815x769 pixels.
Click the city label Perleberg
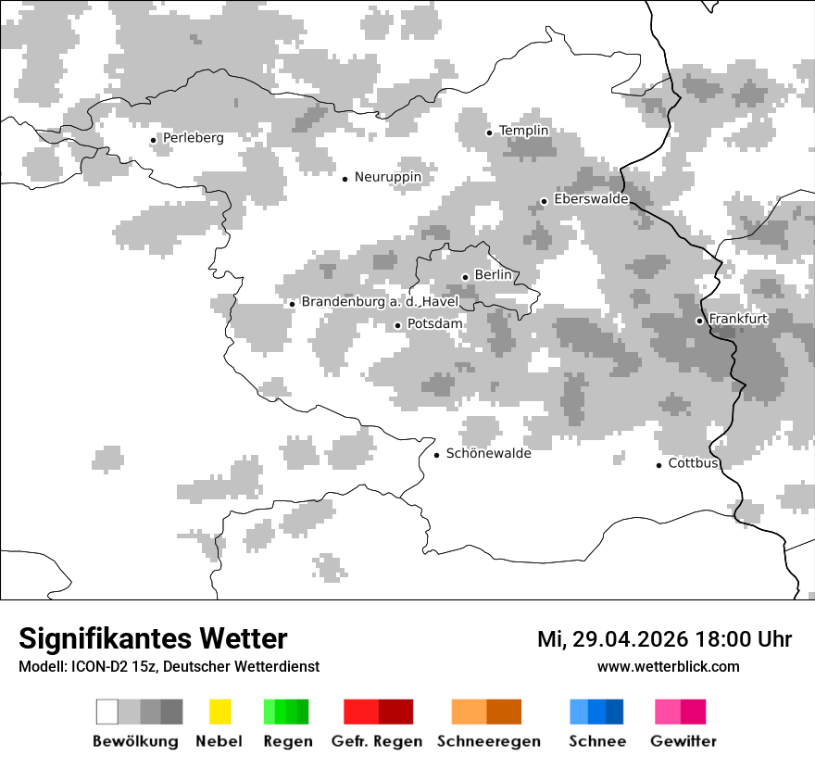pos(193,138)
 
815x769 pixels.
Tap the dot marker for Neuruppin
pos(345,179)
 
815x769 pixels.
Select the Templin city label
pos(523,131)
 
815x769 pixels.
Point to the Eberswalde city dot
pos(544,202)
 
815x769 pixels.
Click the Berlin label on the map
pos(493,275)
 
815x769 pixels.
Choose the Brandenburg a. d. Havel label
pos(380,302)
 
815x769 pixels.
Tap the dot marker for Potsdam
pos(397,325)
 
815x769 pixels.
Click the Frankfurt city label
pos(738,319)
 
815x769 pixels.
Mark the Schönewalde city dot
pos(436,455)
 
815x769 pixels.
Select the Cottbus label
pos(694,463)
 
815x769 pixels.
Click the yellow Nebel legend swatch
pos(219,712)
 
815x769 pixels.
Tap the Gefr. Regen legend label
pos(377,741)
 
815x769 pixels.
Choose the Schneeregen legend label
pos(488,741)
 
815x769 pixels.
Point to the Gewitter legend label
pos(683,741)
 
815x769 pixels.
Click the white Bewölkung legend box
pos(107,712)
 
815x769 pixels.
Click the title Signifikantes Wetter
pos(153,639)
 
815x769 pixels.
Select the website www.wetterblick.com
pos(668,666)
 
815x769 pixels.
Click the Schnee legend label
pos(596,741)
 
